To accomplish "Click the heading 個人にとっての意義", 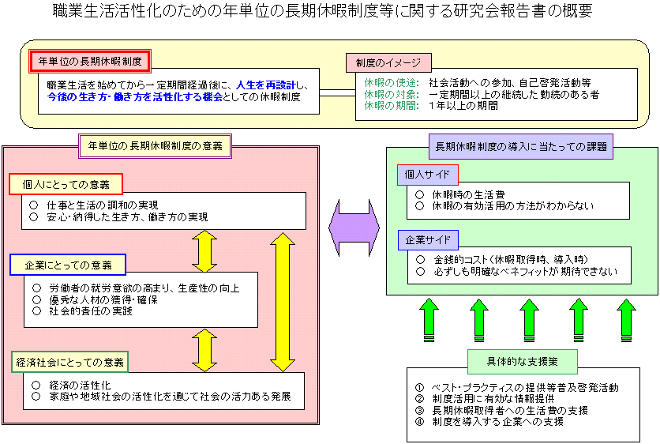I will coord(66,184).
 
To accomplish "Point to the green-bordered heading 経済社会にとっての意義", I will coord(70,363).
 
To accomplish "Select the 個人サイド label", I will coord(426,175).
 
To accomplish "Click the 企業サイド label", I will coord(426,239).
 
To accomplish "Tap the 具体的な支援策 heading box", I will coord(522,361).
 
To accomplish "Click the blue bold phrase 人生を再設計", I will coord(269,83).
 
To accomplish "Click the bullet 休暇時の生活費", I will coord(458,194).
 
